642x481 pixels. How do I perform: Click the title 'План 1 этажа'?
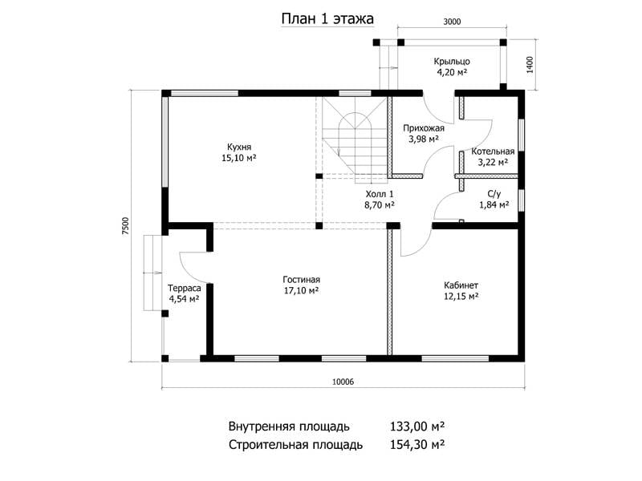327,19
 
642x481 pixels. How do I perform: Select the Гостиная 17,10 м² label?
302,285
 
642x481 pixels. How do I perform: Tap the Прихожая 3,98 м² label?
424,133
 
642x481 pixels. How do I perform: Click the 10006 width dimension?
343,382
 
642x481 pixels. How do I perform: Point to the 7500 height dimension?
125,226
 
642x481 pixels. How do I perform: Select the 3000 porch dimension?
452,22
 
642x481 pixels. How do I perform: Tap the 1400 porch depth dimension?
530,64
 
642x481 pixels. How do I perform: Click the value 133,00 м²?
417,426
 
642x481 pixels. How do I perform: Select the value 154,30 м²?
417,444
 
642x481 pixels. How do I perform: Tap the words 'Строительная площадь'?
295,445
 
